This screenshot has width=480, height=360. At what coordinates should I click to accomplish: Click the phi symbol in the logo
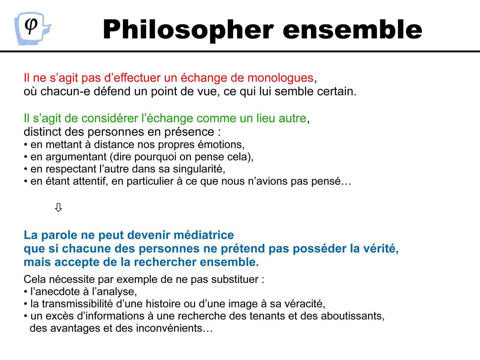pos(31,25)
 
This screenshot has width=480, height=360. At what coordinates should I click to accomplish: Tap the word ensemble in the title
pos(352,29)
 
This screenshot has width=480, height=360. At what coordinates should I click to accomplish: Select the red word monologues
pos(280,78)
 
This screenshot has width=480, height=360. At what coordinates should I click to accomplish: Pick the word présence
pos(189,132)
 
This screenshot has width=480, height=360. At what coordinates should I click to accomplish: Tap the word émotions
pos(221,145)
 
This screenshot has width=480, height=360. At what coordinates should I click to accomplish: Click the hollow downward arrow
pos(58,207)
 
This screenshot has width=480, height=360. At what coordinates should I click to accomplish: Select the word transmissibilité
pos(77,304)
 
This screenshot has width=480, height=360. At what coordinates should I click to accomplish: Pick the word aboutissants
pos(352,316)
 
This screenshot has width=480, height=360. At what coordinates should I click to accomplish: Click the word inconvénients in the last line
pos(174,328)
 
